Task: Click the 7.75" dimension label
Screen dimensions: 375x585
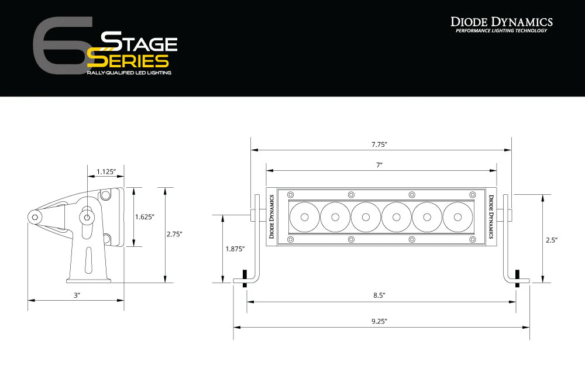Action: coord(380,144)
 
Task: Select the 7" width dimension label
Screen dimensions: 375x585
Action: coord(380,166)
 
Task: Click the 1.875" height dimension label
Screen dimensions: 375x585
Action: coord(235,249)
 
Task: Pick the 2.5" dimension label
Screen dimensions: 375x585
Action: coord(550,240)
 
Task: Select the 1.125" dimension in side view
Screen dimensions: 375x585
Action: coord(106,171)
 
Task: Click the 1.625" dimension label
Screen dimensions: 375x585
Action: coord(144,217)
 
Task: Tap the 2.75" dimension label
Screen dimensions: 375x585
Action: coord(174,234)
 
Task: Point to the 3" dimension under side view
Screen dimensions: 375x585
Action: coord(77,295)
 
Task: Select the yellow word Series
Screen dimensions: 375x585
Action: coord(128,60)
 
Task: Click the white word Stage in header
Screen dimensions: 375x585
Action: coord(139,43)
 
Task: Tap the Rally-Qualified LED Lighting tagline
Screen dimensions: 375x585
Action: coord(129,73)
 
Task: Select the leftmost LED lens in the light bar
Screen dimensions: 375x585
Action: coord(304,216)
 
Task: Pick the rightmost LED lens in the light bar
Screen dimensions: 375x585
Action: coord(457,216)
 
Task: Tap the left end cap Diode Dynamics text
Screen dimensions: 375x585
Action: coord(271,216)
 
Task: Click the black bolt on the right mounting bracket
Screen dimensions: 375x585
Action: coord(517,276)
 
